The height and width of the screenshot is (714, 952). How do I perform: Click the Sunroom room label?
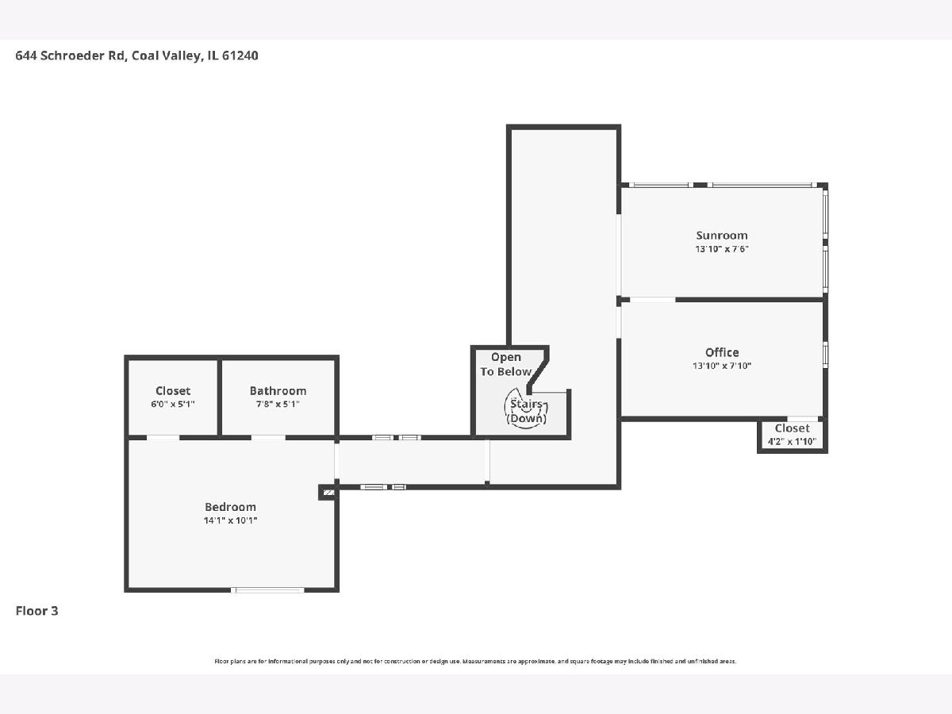coord(722,236)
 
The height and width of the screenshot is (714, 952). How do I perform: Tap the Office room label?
coord(722,352)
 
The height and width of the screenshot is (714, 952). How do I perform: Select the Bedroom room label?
coord(230,507)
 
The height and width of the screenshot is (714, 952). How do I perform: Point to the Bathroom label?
coord(278,390)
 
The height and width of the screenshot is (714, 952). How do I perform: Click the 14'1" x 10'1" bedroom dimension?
coord(230,520)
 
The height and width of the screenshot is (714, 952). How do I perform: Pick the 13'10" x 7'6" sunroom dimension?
coord(722,249)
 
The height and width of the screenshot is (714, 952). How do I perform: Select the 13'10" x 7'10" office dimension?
coord(722,366)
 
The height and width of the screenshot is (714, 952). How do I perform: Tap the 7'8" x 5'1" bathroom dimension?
coord(278,404)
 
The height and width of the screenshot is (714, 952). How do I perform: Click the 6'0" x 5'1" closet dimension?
coord(173,404)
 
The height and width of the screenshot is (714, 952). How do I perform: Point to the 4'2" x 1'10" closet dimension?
coord(792,441)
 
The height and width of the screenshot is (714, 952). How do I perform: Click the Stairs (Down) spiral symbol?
coord(526,407)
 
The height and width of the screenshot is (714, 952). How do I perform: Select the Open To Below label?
coord(505,364)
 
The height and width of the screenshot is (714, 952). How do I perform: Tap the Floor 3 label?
coord(36,611)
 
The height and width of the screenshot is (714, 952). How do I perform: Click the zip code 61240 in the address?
coord(240,56)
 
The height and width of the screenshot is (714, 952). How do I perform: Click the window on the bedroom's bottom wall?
coord(267,590)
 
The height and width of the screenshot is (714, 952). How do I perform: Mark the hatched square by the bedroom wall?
coord(328,493)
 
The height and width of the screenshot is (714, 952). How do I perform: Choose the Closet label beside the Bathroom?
coord(173,390)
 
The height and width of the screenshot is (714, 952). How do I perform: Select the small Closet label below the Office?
coord(792,428)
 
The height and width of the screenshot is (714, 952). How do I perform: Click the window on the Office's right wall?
coord(825,355)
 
